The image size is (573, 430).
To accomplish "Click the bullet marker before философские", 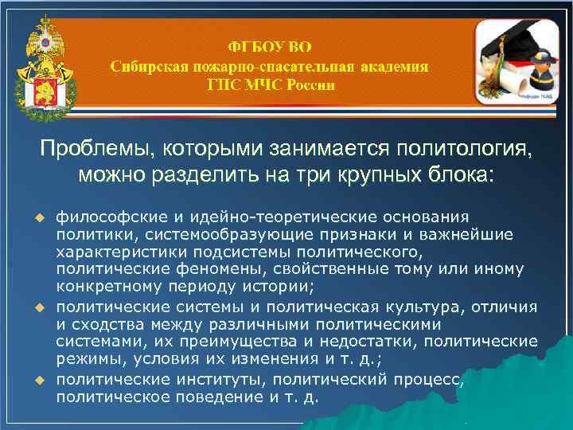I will click(37, 218).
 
